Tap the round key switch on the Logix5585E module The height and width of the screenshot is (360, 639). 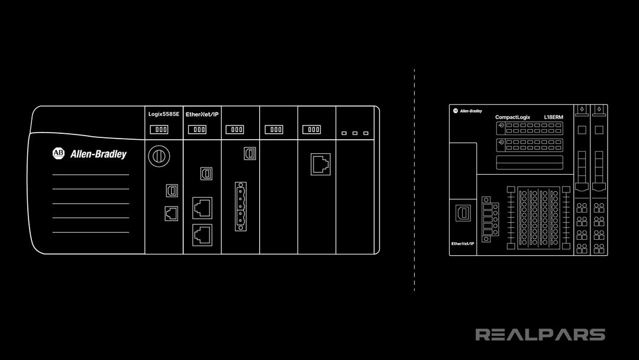[x=158, y=155]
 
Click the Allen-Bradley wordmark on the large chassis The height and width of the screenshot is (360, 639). [x=98, y=155]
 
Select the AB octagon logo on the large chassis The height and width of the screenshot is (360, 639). [x=58, y=153]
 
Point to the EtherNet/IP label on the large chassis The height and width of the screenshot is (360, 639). [x=202, y=113]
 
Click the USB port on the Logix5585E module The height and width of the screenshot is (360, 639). [x=170, y=189]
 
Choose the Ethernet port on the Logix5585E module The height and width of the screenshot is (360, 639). [x=170, y=213]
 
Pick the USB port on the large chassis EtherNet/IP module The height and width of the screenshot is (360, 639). [x=206, y=173]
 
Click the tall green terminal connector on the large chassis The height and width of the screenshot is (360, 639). [x=240, y=206]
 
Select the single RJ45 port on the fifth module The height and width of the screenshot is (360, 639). [x=321, y=163]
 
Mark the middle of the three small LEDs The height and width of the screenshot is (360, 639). [x=355, y=133]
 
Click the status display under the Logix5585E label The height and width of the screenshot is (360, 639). [x=162, y=129]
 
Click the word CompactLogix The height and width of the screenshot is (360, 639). [x=514, y=118]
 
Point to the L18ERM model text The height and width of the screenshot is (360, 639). [x=553, y=118]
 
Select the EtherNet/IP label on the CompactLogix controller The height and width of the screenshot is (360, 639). [x=463, y=243]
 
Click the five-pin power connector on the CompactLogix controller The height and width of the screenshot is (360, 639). [x=488, y=219]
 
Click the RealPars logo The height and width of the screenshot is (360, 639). [x=540, y=335]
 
